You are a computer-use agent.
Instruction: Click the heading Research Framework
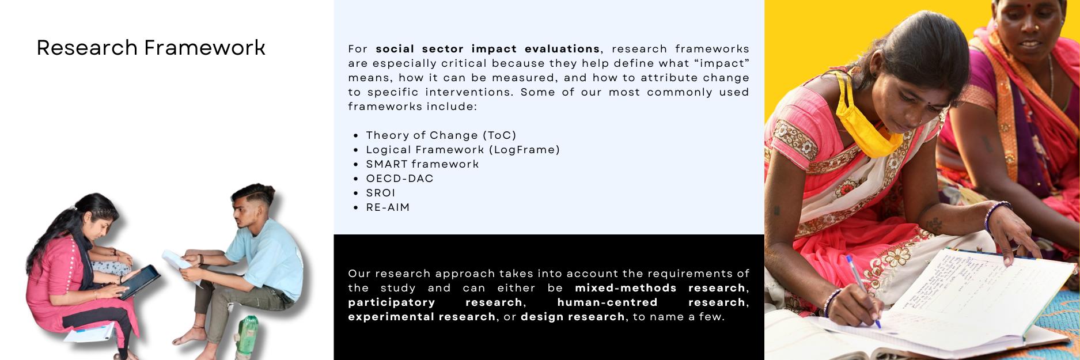[x=151, y=48]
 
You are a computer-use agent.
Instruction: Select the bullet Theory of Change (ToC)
[x=441, y=135]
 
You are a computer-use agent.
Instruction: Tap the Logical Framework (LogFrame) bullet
[x=463, y=150]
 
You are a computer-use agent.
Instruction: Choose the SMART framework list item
[x=422, y=164]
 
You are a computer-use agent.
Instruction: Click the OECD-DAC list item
[x=400, y=179]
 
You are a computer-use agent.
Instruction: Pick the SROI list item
[x=381, y=193]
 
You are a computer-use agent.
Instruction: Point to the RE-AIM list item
[x=388, y=207]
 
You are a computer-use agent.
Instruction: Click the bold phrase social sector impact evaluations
[x=487, y=49]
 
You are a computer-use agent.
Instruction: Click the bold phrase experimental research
[x=422, y=317]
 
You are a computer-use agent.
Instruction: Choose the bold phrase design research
[x=573, y=317]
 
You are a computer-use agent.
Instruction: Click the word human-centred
[x=607, y=302]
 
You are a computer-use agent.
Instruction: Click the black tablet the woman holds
[x=138, y=282]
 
